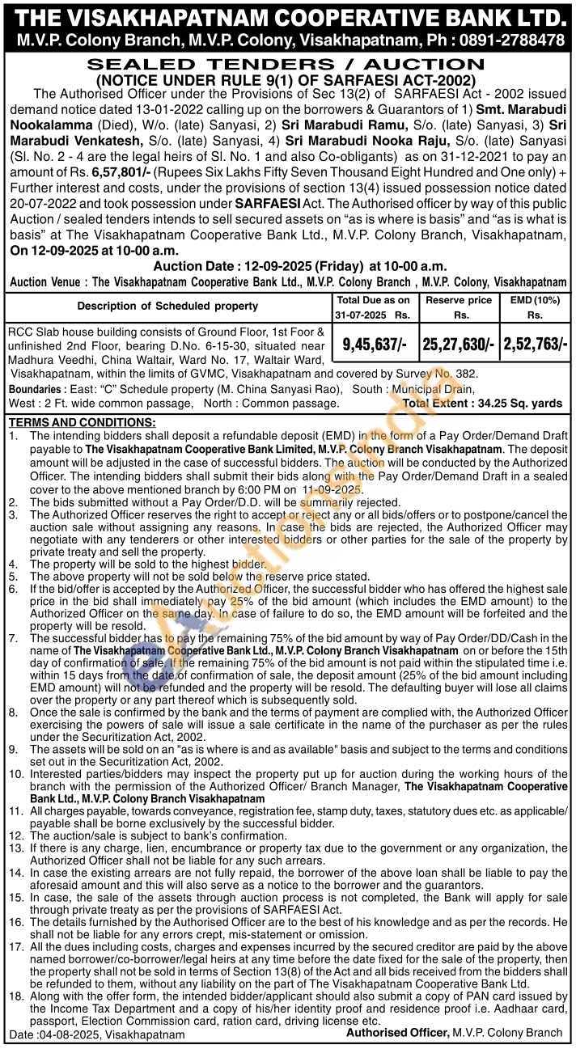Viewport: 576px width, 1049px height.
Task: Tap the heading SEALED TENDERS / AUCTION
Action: [x=286, y=65]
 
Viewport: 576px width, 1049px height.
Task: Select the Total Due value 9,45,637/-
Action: [x=375, y=344]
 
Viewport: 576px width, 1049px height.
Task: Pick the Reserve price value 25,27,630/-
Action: [x=458, y=344]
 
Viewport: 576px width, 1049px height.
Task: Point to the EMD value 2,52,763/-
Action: [x=535, y=344]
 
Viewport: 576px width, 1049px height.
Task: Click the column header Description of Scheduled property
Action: [x=167, y=306]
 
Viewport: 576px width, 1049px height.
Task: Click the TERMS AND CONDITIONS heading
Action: [x=82, y=423]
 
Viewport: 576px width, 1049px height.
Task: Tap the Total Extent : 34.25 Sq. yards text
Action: [x=483, y=403]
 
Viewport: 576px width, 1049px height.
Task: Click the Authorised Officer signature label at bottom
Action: [x=397, y=1033]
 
